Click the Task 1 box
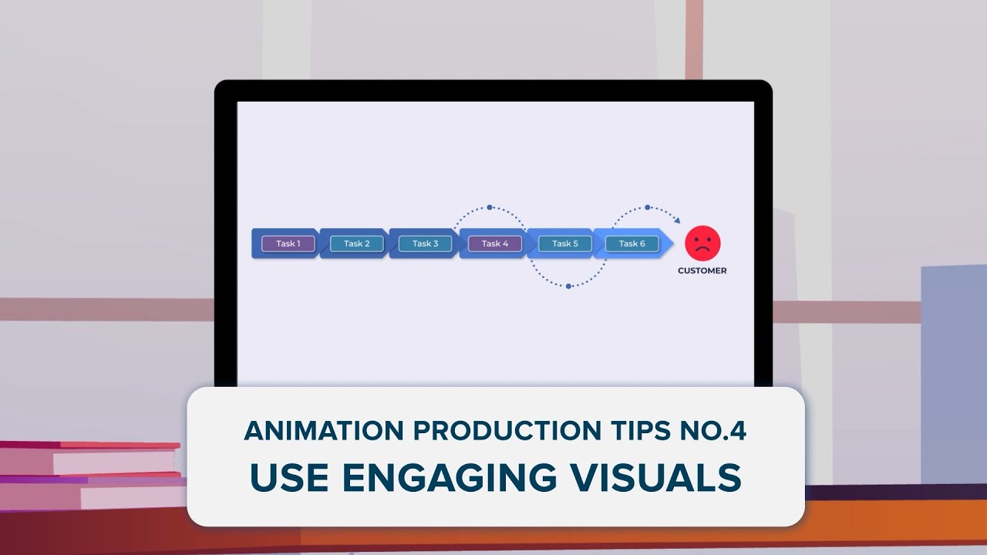pyautogui.click(x=288, y=244)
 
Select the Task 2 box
pyautogui.click(x=356, y=244)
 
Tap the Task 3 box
pyautogui.click(x=425, y=244)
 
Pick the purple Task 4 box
pyautogui.click(x=495, y=244)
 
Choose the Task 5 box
pyautogui.click(x=564, y=244)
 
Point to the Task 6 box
pyautogui.click(x=632, y=244)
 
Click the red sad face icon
pyautogui.click(x=702, y=244)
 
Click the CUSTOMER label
pyautogui.click(x=702, y=271)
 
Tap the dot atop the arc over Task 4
pyautogui.click(x=489, y=207)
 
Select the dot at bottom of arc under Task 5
pyautogui.click(x=568, y=286)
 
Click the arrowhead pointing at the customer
pyautogui.click(x=677, y=221)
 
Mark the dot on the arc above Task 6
pyautogui.click(x=647, y=207)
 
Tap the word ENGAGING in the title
pyautogui.click(x=449, y=478)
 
